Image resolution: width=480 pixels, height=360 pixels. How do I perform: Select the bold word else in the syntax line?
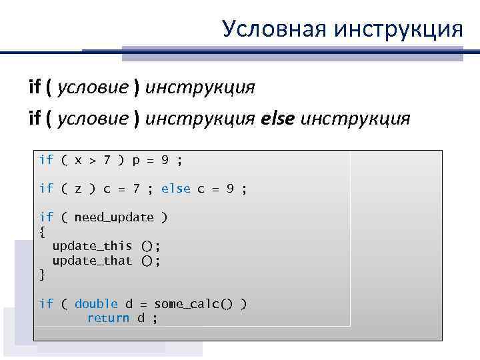pos(278,118)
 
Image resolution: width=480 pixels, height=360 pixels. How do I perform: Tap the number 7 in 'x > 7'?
pos(106,160)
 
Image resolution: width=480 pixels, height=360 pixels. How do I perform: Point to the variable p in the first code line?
pos(137,161)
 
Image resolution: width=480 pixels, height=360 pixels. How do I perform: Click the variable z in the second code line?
pos(78,189)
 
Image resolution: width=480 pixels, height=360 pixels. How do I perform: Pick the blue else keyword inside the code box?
pos(176,189)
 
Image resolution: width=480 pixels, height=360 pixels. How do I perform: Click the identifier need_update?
pos(114,217)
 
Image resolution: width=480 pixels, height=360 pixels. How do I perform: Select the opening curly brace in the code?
pos(43,232)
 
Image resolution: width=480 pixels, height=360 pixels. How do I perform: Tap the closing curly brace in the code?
pos(43,275)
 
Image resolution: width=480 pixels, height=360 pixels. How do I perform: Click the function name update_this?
pos(92,246)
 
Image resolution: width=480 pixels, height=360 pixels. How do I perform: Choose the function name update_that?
pos(92,261)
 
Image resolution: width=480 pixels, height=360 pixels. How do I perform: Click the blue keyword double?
pos(96,304)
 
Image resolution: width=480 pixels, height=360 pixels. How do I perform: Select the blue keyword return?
pos(108,318)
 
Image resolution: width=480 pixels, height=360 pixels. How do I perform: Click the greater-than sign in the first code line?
pos(92,160)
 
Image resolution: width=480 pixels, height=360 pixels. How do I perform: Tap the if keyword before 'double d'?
pos(46,304)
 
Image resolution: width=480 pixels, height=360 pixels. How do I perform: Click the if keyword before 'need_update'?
pos(46,217)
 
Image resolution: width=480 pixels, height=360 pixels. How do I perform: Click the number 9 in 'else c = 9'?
pos(229,189)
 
